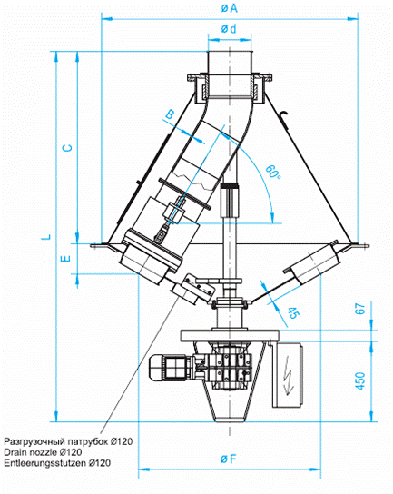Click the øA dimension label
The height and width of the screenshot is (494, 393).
tap(229, 8)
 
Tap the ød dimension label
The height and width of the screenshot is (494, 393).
tap(229, 29)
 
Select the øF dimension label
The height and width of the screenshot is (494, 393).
tap(229, 459)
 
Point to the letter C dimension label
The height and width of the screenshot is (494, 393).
tap(67, 148)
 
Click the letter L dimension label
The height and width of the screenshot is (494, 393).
tap(46, 237)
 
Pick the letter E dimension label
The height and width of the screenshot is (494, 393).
tap(65, 259)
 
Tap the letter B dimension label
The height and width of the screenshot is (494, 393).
tap(170, 114)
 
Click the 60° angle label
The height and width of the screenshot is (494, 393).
tap(272, 172)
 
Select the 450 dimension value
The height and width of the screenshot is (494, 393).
tap(361, 380)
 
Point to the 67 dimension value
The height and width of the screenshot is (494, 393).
tap(360, 309)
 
